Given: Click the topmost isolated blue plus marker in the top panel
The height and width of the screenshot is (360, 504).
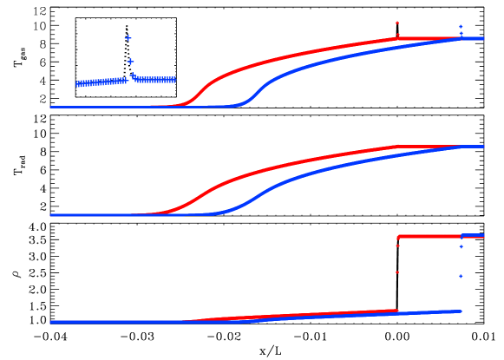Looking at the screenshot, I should click(x=128, y=38).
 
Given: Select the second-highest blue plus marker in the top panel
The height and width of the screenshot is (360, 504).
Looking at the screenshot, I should click(x=130, y=62).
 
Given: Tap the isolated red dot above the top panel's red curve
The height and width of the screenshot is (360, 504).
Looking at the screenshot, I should click(x=397, y=23).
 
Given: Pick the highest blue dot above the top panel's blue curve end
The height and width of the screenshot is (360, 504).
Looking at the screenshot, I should click(x=461, y=26).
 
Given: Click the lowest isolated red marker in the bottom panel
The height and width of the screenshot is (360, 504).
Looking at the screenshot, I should click(x=397, y=272).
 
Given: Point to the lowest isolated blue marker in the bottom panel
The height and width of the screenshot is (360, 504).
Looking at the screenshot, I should click(x=461, y=276).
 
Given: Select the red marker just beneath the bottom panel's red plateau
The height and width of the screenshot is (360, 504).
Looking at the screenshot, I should click(x=397, y=246).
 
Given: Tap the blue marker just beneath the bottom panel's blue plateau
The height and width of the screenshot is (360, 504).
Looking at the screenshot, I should click(x=461, y=247).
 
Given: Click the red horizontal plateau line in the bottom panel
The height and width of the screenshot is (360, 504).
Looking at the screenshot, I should click(x=429, y=236).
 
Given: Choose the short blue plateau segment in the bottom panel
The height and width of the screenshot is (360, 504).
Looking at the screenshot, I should click(x=473, y=235).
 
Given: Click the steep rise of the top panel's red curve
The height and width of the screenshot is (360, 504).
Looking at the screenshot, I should click(x=201, y=90).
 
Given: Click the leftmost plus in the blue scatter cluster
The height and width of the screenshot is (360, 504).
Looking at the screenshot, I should click(x=78, y=84).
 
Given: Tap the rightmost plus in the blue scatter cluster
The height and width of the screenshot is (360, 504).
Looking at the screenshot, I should click(x=173, y=79).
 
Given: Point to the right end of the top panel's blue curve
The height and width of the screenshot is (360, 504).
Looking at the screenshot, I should click(x=482, y=38).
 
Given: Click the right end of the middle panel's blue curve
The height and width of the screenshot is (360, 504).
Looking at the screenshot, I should click(x=482, y=146).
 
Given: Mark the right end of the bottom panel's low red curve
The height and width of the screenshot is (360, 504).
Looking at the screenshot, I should click(x=396, y=311).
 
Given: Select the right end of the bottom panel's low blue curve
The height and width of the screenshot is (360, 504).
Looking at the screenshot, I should click(x=460, y=311).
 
